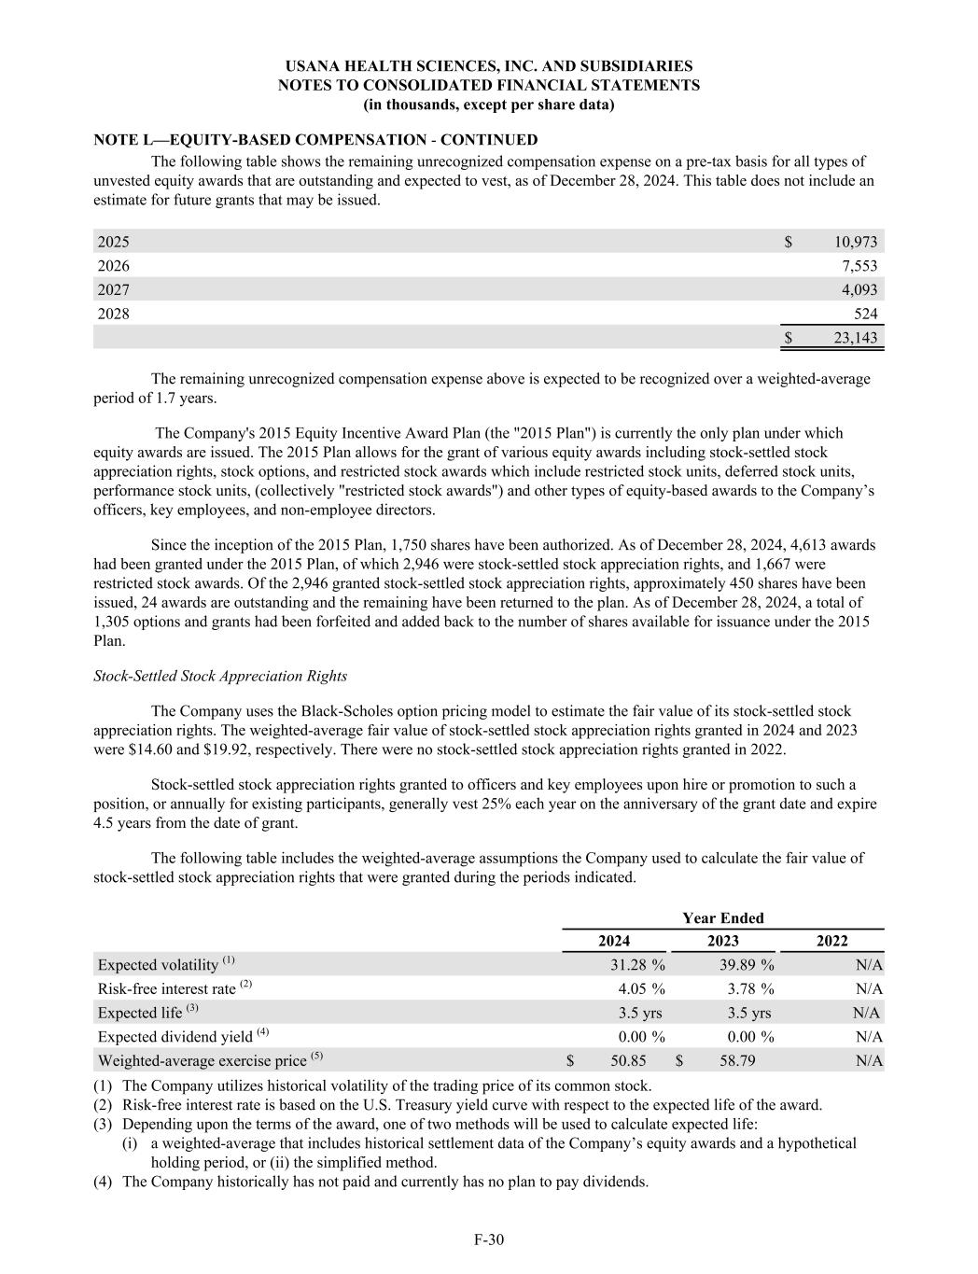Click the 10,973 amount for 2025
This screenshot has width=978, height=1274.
[x=855, y=242]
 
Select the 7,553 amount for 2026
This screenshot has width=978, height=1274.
[x=859, y=266]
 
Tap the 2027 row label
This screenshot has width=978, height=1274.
[x=114, y=290]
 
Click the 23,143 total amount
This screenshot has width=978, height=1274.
[x=855, y=338]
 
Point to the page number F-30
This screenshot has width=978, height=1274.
[x=489, y=1239]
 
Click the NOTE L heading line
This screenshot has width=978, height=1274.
[x=315, y=140]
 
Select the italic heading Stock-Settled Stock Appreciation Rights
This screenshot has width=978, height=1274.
[x=220, y=676]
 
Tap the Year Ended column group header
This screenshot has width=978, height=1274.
[x=722, y=917]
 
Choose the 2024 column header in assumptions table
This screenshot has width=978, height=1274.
[x=613, y=941]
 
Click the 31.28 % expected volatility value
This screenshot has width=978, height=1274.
[x=637, y=964]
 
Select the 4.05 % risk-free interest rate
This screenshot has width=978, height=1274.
[x=641, y=988]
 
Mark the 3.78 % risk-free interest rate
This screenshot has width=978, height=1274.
[x=750, y=988]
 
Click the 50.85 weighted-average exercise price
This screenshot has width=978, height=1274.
[x=628, y=1060]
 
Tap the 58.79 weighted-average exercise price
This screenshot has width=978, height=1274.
[x=737, y=1060]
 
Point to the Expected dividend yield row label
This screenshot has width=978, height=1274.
[x=183, y=1036]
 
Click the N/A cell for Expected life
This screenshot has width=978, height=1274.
[x=867, y=1013]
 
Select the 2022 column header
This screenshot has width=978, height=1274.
[x=831, y=941]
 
